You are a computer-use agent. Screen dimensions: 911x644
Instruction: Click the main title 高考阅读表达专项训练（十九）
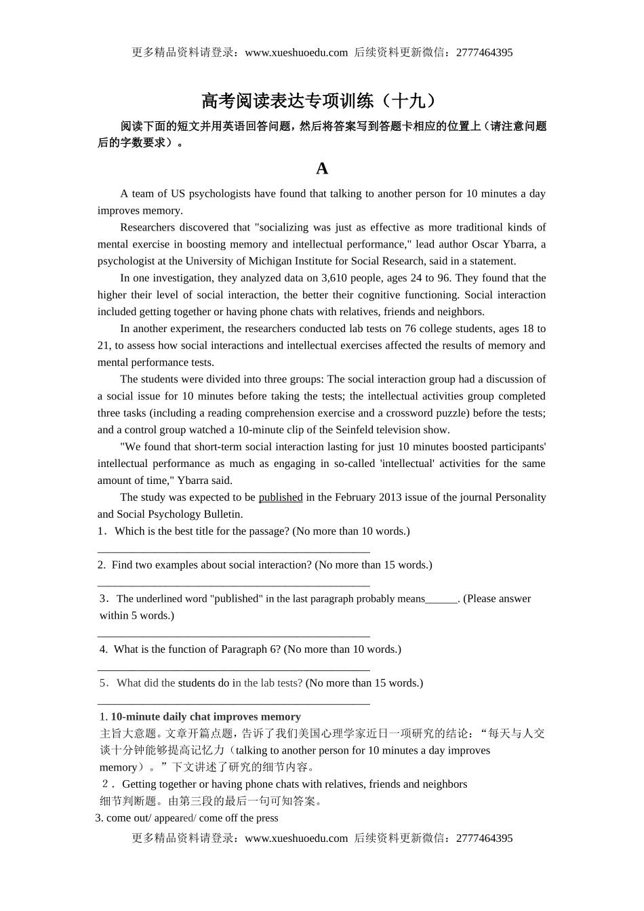(321, 101)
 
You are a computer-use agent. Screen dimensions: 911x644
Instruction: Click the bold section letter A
(322, 168)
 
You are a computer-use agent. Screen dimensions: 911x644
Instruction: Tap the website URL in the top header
(296, 52)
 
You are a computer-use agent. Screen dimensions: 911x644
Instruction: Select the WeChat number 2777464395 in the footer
(484, 838)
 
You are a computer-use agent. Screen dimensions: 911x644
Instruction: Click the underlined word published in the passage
(281, 497)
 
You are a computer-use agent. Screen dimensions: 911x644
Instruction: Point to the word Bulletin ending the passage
(222, 514)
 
